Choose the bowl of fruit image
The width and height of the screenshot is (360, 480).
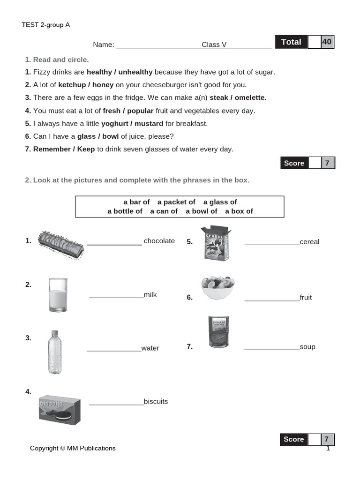pos(217,287)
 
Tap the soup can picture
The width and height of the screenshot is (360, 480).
pos(218,331)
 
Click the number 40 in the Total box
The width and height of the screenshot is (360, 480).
pos(327,42)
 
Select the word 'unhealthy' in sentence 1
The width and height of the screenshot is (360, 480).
pos(135,72)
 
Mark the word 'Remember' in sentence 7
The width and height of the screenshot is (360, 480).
pos(52,149)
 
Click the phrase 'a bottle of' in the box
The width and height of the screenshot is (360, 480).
pos(125,211)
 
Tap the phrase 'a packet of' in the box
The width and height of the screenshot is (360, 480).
pos(176,202)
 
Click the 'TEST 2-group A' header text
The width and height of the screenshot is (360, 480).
pos(45,25)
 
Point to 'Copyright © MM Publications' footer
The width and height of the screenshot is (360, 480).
pos(73,448)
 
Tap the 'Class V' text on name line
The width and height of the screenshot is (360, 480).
pos(214,45)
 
